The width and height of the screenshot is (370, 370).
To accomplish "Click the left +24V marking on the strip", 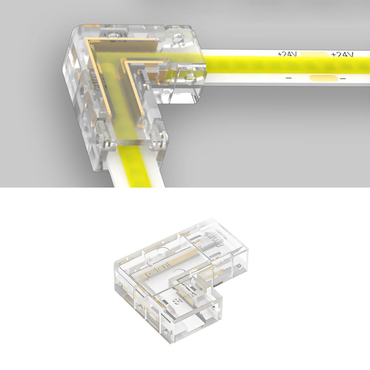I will point(287,54).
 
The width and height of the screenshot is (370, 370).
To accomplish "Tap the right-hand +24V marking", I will point(342,54).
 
